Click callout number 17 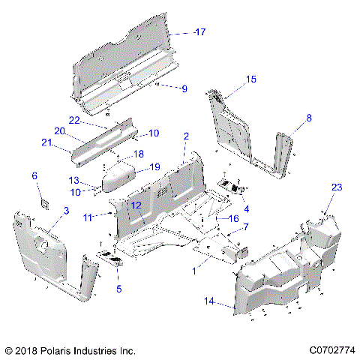coord(199,32)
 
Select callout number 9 coord(183,88)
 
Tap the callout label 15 coord(251,79)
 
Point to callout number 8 coord(307,118)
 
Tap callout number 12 coord(136,205)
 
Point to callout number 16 coord(233,218)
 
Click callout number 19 coord(154,166)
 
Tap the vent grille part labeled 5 coord(114,258)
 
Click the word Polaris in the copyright coord(64,350)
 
